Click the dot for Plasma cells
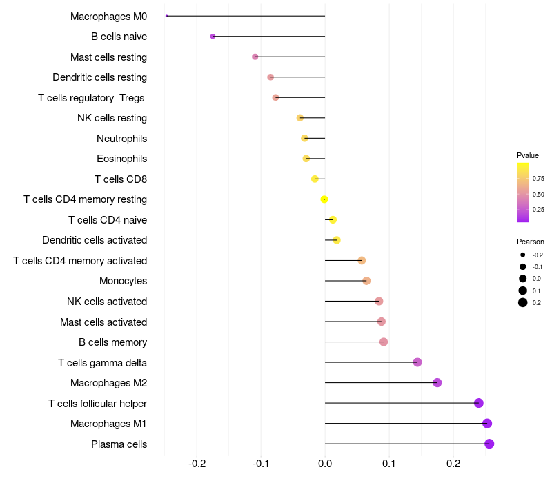[489, 444]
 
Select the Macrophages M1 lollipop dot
[487, 424]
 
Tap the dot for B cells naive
[213, 36]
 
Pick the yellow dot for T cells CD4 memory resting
[324, 199]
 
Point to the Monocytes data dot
[366, 281]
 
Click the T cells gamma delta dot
[417, 362]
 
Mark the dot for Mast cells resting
[255, 57]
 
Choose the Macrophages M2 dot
[437, 383]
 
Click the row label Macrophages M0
[108, 16]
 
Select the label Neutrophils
[121, 139]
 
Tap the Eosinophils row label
[121, 159]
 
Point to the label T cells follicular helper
[97, 403]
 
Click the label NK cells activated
[107, 302]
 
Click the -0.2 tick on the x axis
[197, 462]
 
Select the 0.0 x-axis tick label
[325, 462]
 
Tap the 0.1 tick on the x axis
[388, 462]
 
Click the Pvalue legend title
[528, 155]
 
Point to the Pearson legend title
[531, 241]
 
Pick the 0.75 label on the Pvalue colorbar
[538, 178]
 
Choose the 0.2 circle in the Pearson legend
[523, 302]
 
